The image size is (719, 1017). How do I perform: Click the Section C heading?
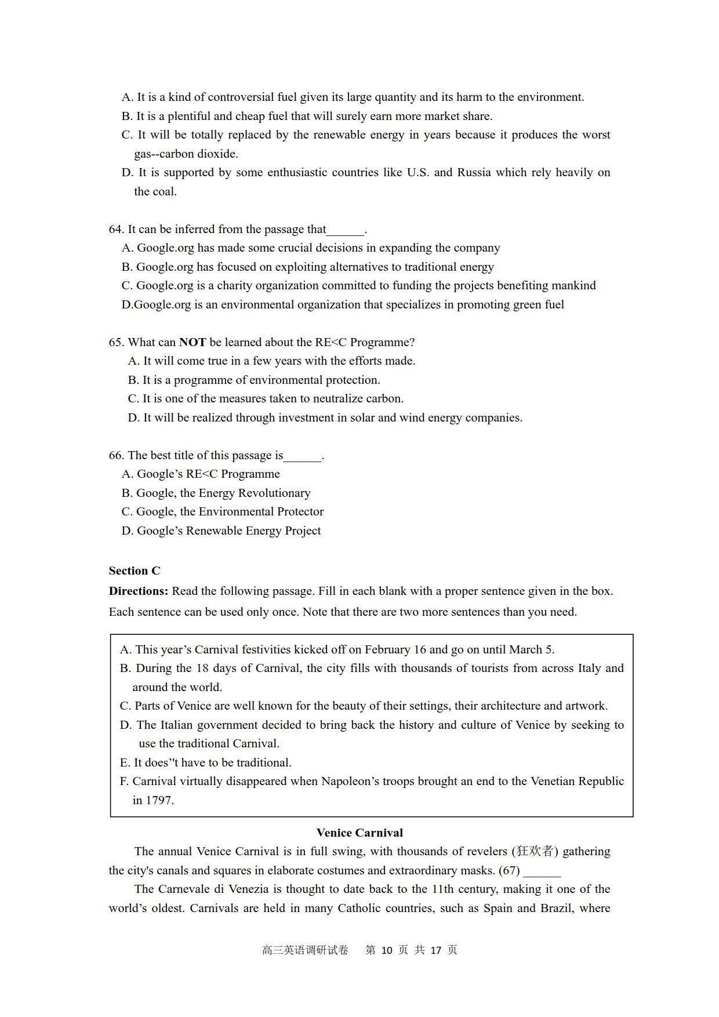click(135, 571)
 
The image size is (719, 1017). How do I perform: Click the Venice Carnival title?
click(359, 833)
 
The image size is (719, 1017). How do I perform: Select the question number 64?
click(116, 229)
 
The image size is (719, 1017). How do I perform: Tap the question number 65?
click(116, 342)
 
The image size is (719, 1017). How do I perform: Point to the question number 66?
click(116, 455)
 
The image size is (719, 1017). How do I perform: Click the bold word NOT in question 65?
click(193, 342)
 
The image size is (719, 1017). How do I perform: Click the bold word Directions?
click(138, 591)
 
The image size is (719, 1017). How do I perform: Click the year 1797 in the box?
click(159, 800)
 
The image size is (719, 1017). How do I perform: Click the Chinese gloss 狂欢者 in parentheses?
click(535, 851)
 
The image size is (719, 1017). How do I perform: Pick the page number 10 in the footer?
click(387, 950)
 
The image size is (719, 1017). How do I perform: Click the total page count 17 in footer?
click(436, 950)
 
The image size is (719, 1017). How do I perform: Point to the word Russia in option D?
click(474, 172)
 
